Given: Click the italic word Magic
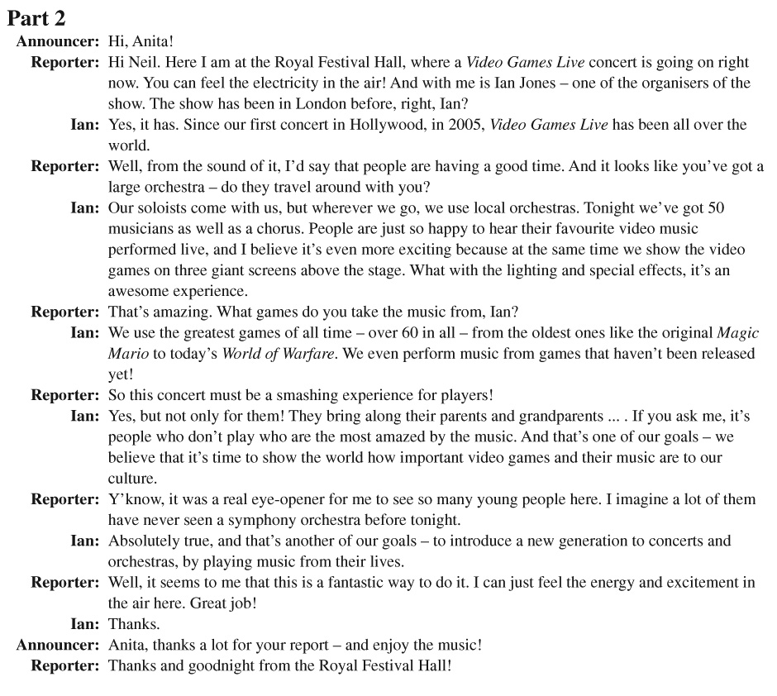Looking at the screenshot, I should point(738,333).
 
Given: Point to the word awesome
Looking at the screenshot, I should point(136,291).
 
